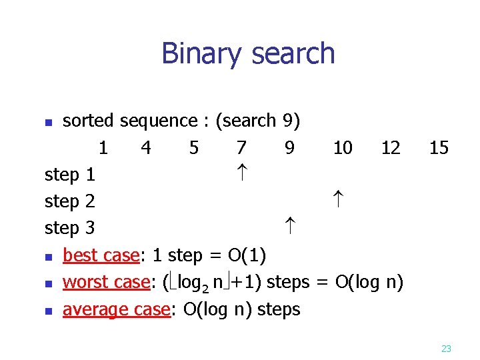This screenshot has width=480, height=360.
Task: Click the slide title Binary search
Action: click(x=248, y=53)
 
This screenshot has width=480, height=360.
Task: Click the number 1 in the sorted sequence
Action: click(x=103, y=147)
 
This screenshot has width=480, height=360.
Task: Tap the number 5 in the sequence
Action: click(x=193, y=147)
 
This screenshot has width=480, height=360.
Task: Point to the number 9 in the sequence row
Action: click(x=289, y=147)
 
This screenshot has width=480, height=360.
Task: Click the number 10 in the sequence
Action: click(x=343, y=147)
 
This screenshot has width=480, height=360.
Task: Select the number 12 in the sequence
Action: click(x=391, y=147)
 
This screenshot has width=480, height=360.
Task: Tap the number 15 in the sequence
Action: click(x=439, y=147)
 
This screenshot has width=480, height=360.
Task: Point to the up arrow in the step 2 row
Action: click(x=337, y=200)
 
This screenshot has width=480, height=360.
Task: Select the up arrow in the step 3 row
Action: click(x=289, y=227)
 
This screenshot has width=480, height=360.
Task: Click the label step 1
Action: click(x=70, y=175)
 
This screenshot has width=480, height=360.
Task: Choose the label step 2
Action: click(x=70, y=202)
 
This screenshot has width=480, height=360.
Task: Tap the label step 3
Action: click(x=70, y=229)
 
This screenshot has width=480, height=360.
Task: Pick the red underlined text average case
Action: click(x=117, y=310)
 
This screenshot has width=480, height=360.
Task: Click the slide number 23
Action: click(x=446, y=348)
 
